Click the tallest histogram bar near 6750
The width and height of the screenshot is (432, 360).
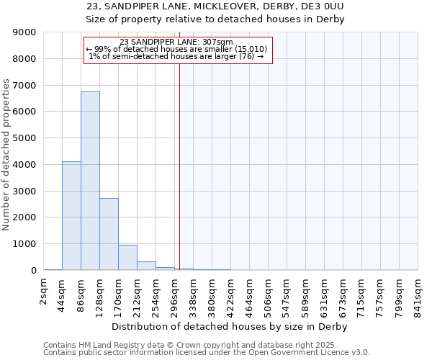click(x=90, y=180)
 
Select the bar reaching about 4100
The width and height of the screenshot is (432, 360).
click(x=71, y=216)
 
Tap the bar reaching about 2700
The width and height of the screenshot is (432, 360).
click(x=109, y=234)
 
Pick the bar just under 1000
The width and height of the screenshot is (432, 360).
click(x=127, y=257)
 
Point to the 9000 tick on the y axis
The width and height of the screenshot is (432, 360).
click(x=25, y=32)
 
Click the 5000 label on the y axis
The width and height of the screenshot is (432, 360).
click(x=25, y=138)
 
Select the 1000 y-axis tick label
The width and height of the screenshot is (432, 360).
click(x=25, y=244)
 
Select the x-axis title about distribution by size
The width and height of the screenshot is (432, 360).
click(x=230, y=327)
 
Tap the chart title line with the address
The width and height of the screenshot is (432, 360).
click(x=215, y=6)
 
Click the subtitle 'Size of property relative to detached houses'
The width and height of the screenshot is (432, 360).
click(x=215, y=19)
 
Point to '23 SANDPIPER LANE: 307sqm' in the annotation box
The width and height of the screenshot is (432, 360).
click(x=176, y=42)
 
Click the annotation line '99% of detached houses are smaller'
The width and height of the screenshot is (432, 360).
click(x=176, y=49)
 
